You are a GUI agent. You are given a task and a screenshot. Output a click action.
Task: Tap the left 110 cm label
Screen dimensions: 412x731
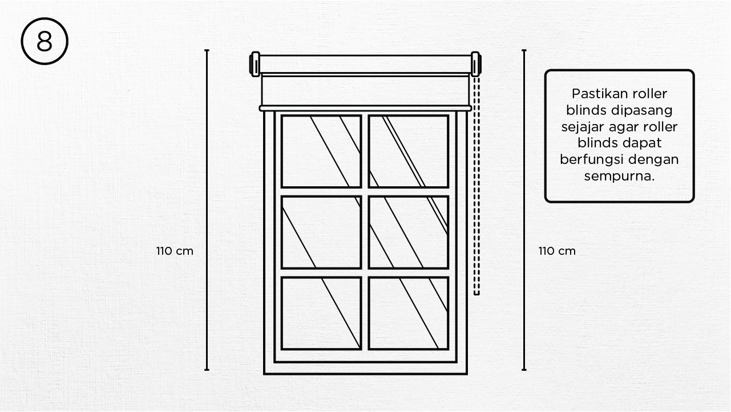point(175,251)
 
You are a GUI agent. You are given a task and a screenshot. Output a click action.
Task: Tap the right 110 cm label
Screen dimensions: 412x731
point(557,251)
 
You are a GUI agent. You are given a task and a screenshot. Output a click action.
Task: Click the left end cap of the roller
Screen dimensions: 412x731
point(255,64)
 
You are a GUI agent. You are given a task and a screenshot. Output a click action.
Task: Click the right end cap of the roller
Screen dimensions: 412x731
point(475,64)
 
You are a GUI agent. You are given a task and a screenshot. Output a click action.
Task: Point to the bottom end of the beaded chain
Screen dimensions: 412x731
point(476,293)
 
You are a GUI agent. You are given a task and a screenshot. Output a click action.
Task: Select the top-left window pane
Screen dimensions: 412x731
point(321,151)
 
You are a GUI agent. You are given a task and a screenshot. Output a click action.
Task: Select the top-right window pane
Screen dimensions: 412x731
point(408,151)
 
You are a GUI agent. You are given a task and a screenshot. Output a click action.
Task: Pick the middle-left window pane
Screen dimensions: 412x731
point(321,232)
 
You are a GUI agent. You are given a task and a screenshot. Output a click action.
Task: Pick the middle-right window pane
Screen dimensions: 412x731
point(408,232)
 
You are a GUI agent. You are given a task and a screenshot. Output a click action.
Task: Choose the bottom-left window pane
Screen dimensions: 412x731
point(321,313)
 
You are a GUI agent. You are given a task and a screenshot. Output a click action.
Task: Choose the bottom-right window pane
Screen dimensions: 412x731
point(408,313)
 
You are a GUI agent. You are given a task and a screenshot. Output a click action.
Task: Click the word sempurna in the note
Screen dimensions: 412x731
point(619,176)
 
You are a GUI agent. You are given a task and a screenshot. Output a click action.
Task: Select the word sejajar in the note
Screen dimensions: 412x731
point(581,127)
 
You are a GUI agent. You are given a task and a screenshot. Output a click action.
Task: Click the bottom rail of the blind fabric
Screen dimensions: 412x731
point(365,108)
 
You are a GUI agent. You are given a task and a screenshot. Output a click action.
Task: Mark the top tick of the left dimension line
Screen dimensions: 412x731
point(207,50)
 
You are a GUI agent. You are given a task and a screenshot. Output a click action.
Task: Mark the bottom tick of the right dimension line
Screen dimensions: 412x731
point(524,370)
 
